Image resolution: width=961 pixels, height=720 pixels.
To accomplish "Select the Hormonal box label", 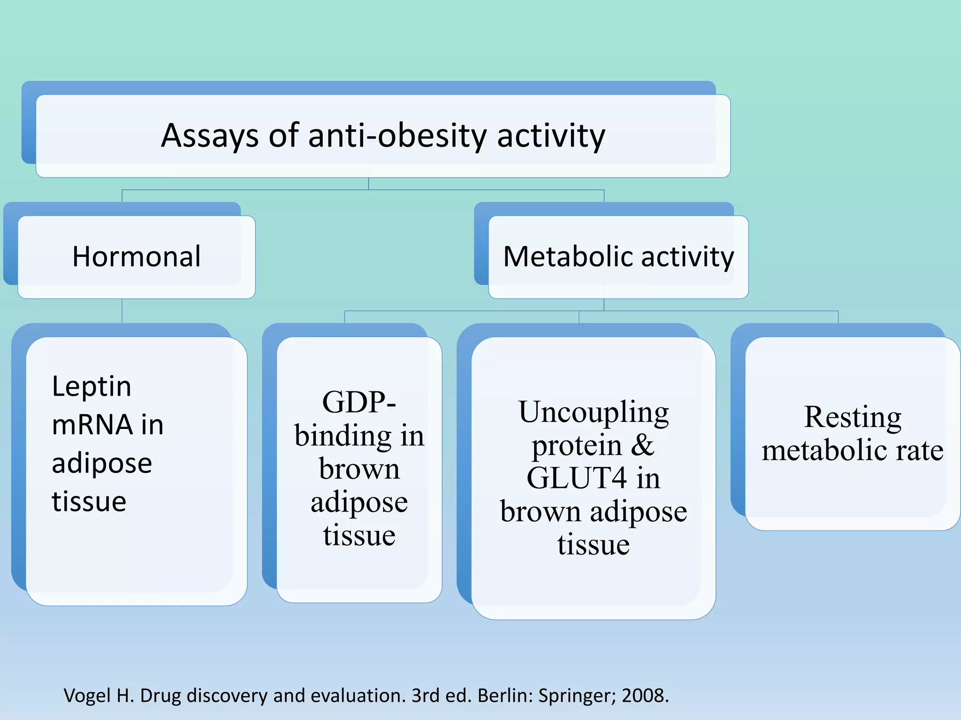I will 137,257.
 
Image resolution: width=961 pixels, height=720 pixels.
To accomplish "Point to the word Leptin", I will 92,387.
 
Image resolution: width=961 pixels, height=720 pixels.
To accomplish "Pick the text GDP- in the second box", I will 359,402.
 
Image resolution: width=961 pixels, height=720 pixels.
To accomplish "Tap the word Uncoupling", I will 593,412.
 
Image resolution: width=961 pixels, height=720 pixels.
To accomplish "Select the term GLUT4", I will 576,479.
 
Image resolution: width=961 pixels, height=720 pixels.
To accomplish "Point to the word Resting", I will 852,417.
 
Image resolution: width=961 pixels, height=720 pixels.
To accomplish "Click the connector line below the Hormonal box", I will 122,311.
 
